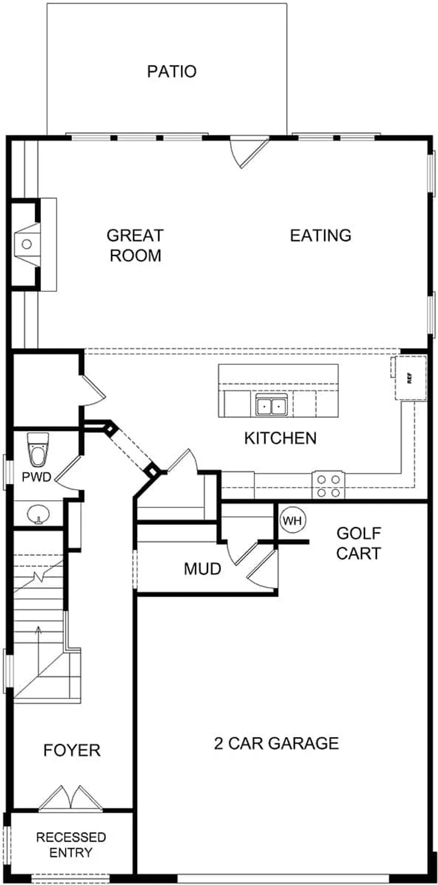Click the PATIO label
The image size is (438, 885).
pyautogui.click(x=172, y=71)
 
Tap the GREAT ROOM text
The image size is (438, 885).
pyautogui.click(x=135, y=245)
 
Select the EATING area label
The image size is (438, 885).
pyautogui.click(x=320, y=235)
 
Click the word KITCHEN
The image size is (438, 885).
pyautogui.click(x=280, y=438)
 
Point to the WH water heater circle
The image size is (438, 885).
pyautogui.click(x=292, y=521)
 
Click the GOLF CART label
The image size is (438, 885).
pyautogui.click(x=359, y=543)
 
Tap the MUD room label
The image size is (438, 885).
pyautogui.click(x=202, y=569)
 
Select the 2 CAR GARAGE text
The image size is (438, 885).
pyautogui.click(x=276, y=743)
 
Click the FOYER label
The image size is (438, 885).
pyautogui.click(x=72, y=750)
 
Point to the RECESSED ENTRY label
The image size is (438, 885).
pyautogui.click(x=71, y=845)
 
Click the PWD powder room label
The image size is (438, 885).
pyautogui.click(x=37, y=477)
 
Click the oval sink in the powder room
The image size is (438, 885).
pyautogui.click(x=37, y=514)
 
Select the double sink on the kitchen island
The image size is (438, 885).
pyautogui.click(x=271, y=406)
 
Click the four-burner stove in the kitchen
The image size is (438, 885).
pyautogui.click(x=328, y=486)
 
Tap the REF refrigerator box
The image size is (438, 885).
pyautogui.click(x=409, y=378)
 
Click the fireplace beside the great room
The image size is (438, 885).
pyautogui.click(x=26, y=245)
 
